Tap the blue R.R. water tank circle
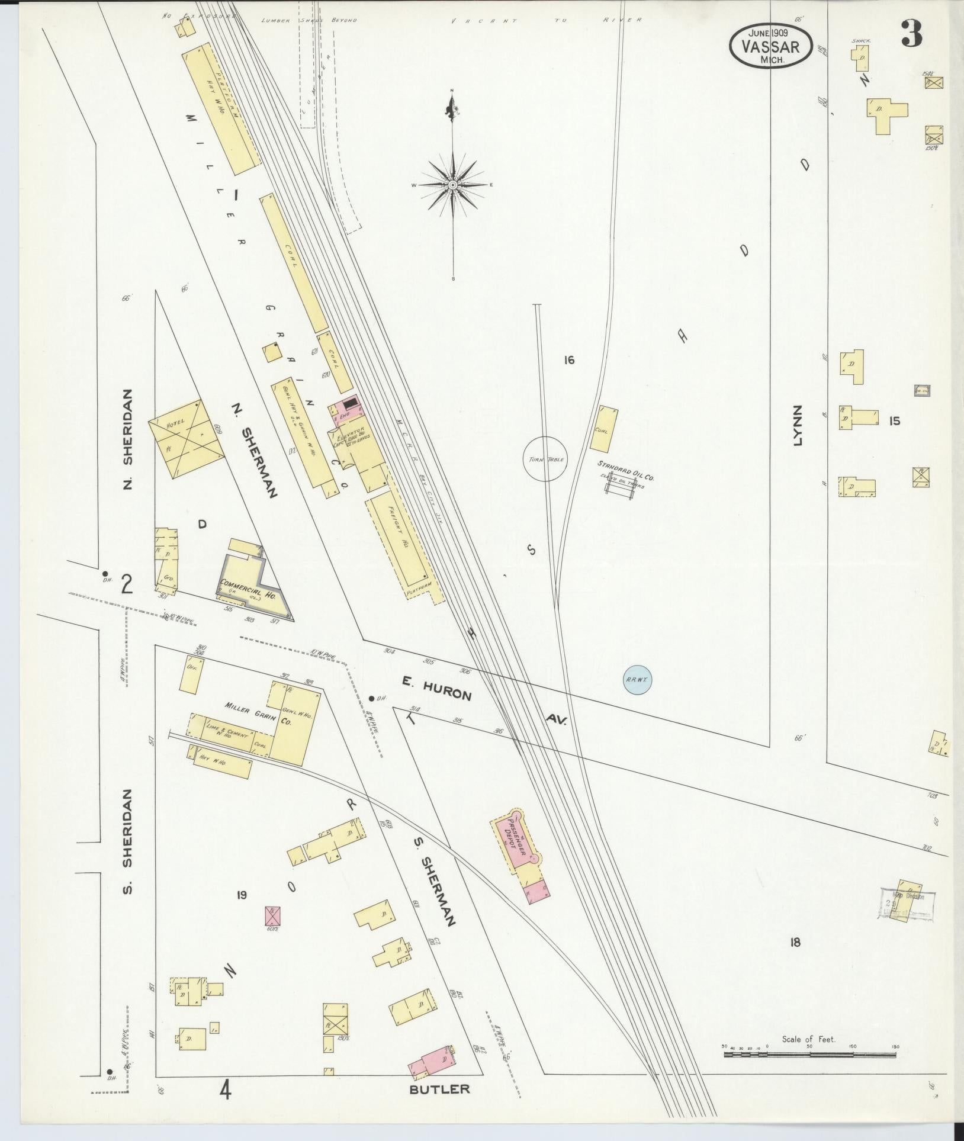[x=637, y=679]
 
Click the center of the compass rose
[x=453, y=185]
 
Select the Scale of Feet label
[x=808, y=1039]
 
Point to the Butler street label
[x=439, y=1089]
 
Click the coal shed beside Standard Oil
[x=604, y=429]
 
